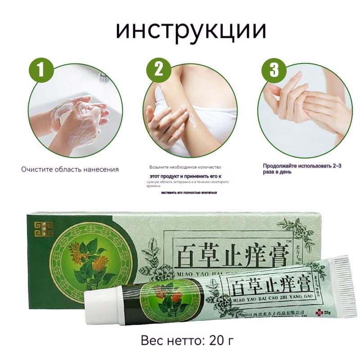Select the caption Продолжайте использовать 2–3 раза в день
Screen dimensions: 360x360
302,168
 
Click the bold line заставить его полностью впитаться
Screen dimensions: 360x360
189,192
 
